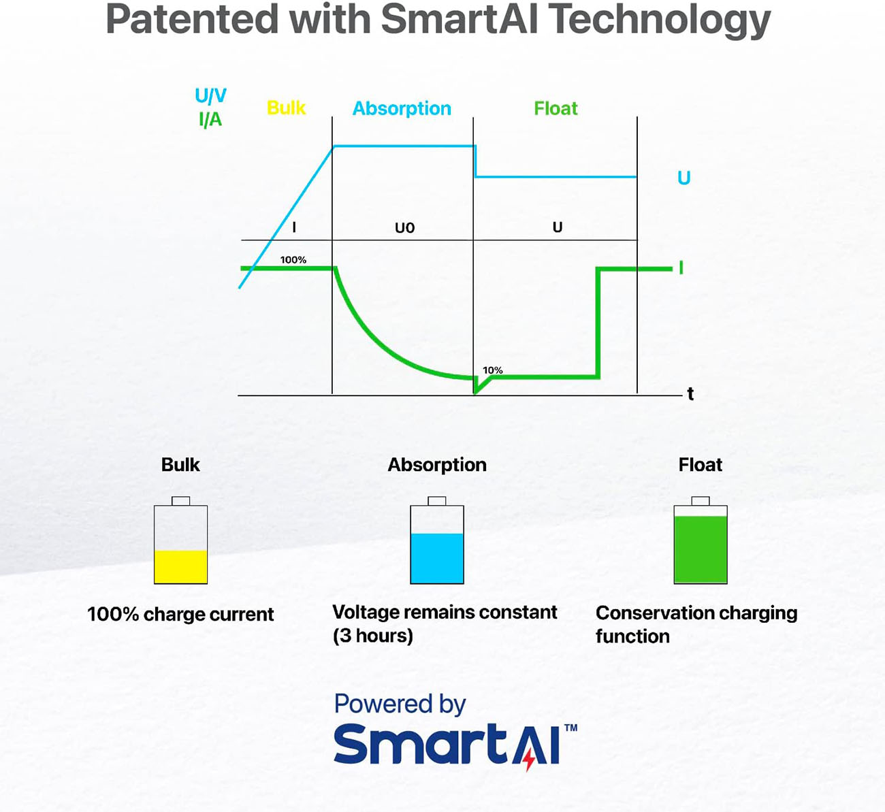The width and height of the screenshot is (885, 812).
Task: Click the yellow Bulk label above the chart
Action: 286,108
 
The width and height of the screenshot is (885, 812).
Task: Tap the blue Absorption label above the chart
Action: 402,109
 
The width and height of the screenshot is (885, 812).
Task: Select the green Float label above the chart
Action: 556,109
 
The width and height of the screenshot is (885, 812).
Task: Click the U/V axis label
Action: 210,96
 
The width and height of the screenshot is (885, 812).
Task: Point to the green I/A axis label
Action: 210,120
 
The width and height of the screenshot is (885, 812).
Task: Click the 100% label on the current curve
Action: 293,260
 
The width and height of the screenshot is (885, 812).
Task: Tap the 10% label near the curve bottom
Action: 492,370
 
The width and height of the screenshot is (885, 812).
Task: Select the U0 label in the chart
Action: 404,228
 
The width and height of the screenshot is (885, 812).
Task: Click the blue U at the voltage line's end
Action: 683,178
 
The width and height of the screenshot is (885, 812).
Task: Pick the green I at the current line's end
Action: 681,268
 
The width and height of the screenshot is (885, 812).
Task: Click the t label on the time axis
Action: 690,394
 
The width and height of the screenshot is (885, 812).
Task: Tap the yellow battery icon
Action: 180,541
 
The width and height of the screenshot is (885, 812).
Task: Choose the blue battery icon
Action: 437,541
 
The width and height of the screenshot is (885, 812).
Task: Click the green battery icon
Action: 701,541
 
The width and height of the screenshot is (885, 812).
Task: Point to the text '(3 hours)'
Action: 373,636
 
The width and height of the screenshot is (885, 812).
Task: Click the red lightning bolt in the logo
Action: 530,758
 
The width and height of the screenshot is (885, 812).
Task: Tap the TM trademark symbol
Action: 570,728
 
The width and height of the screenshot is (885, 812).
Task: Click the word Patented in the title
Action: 192,19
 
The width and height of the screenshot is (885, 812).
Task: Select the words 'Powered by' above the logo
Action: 400,704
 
